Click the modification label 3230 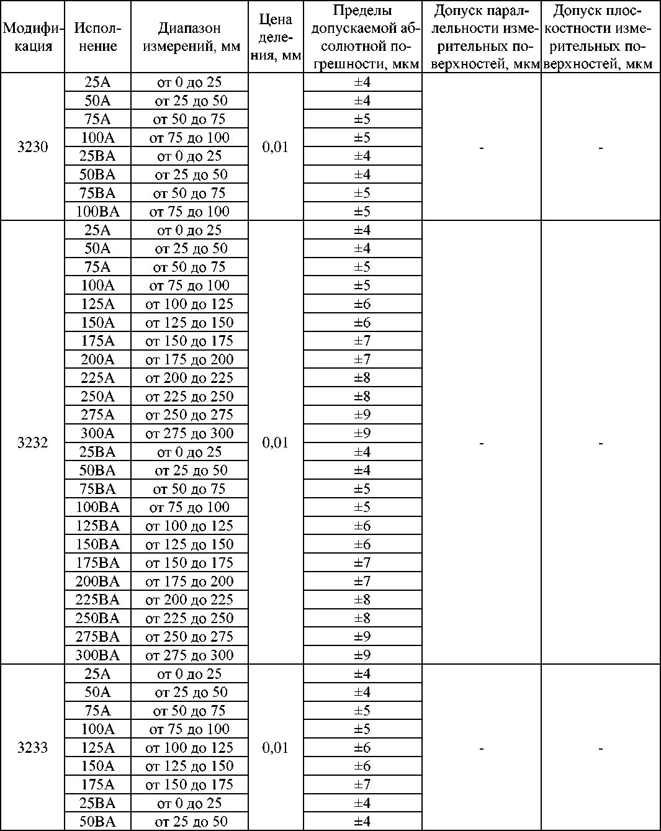(x=32, y=148)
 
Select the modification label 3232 (x=32, y=442)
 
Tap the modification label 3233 (x=32, y=748)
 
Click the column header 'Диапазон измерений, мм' (x=189, y=37)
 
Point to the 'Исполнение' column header (x=97, y=37)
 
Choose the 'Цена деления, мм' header (x=276, y=37)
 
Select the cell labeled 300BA (x=97, y=655)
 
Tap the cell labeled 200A (x=97, y=359)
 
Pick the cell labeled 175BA (x=97, y=563)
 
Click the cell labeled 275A (x=97, y=415)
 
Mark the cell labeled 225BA (x=97, y=600)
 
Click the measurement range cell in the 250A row (x=189, y=397)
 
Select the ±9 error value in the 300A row (x=362, y=433)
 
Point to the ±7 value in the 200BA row (x=362, y=582)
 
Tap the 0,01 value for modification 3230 (x=276, y=148)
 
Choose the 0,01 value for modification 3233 (x=276, y=748)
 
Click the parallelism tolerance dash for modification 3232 (x=482, y=443)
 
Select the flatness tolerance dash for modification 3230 (x=600, y=148)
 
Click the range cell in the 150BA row (x=189, y=544)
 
